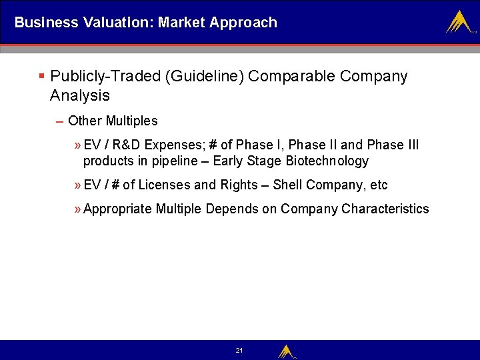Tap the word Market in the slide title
click(x=181, y=22)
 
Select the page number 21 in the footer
click(x=239, y=351)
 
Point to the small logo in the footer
click(x=287, y=351)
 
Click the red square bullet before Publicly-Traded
click(x=41, y=76)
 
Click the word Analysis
click(x=79, y=95)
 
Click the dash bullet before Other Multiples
click(x=60, y=121)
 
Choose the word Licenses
click(x=164, y=185)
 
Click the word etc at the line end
click(x=378, y=185)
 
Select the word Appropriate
click(x=117, y=209)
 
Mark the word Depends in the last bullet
click(x=231, y=209)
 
